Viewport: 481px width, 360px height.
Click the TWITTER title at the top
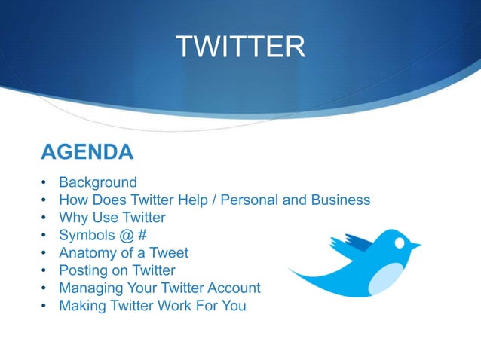(240, 47)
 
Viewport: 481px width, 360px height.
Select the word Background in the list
(98, 182)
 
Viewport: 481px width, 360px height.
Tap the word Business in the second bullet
(343, 200)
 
